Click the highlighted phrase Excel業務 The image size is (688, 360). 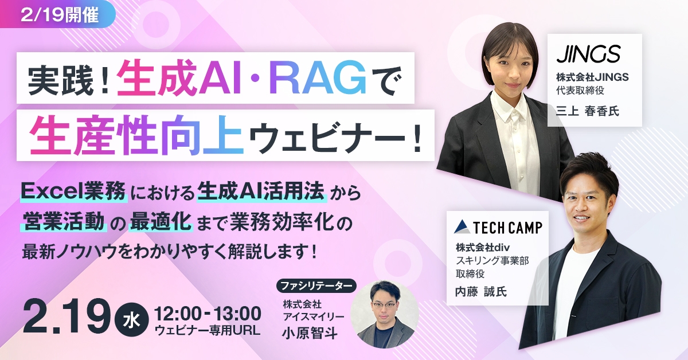click(73, 190)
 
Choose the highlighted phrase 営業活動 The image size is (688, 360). click(64, 220)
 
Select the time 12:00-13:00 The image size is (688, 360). click(208, 313)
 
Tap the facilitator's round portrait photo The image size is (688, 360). click(383, 315)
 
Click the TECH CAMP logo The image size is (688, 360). click(497, 227)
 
